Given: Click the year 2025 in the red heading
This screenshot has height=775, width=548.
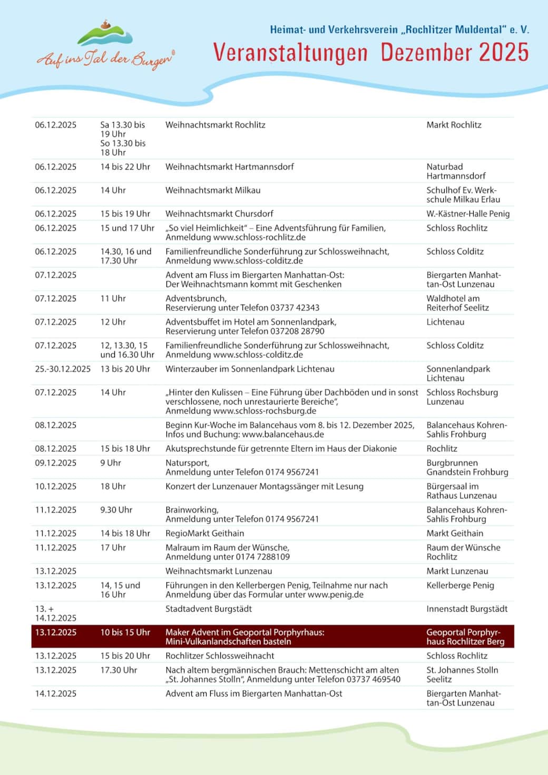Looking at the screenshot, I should (x=504, y=53).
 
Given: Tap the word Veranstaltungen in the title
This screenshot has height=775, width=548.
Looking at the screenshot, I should (x=290, y=53).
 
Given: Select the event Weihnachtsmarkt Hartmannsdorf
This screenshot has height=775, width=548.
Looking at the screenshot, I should (x=229, y=167).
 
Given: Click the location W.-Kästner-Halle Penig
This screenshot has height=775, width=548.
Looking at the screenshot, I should (x=468, y=214).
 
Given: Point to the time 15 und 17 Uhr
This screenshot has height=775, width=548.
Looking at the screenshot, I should (x=127, y=228).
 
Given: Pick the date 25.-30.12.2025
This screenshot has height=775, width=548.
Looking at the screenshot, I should (x=63, y=369).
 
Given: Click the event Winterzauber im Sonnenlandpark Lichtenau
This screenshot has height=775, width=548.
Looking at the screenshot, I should (x=250, y=369).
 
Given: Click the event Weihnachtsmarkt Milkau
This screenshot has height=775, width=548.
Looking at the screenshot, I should (x=213, y=190).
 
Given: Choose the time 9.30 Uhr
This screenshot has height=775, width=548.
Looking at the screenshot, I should (x=116, y=510).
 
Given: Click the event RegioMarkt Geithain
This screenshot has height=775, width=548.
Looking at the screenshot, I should (x=205, y=533).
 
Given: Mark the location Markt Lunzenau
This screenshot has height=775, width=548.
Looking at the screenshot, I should (x=457, y=571).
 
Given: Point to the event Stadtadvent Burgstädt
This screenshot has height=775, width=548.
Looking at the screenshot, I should (x=209, y=609).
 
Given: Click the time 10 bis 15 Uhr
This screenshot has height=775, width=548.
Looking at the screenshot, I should (x=125, y=632).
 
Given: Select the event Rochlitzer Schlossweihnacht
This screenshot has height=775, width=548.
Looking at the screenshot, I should (x=220, y=656).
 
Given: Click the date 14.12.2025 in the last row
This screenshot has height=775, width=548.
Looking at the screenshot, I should (x=55, y=694).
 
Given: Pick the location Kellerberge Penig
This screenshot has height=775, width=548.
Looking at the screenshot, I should (x=460, y=585).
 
